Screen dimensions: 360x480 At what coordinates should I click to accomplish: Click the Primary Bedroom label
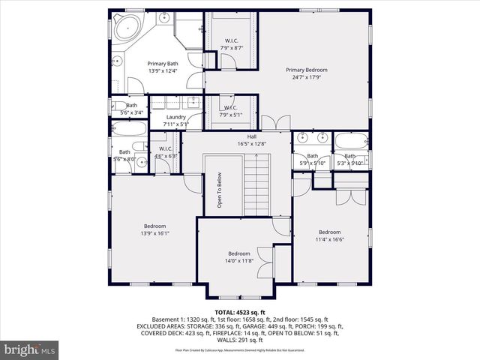tap(307, 70)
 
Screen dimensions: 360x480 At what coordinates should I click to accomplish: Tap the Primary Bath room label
tap(163, 64)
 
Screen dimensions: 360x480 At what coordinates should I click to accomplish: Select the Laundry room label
tap(176, 117)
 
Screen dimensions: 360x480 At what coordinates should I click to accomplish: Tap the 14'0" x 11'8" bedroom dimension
tap(239, 261)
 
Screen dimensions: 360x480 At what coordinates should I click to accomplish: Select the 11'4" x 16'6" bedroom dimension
tap(330, 239)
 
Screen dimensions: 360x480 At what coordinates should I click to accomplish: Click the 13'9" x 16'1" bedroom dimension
tap(155, 233)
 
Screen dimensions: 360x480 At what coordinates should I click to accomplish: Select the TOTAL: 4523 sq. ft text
tap(240, 312)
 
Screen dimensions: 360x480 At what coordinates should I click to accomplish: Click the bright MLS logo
tap(30, 349)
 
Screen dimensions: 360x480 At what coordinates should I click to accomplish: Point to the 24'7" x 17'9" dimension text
tap(307, 76)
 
